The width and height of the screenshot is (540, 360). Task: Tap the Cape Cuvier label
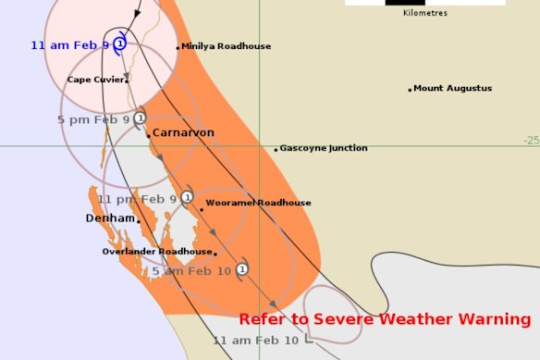point(96,80)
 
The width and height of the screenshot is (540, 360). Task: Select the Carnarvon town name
point(183,133)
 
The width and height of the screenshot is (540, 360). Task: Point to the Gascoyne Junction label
point(324,148)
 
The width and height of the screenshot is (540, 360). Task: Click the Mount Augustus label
point(453,89)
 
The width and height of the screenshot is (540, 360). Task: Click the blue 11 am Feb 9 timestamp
point(70,44)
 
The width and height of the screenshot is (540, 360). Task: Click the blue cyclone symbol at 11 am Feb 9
point(120,43)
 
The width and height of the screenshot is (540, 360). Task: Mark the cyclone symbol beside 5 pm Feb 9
point(140,118)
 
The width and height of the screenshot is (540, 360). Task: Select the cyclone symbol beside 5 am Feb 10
point(241,269)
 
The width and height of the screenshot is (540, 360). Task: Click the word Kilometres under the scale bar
point(425,13)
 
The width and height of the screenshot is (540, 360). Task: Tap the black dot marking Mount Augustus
point(410,90)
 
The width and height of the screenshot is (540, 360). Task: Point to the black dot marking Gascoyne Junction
point(276,149)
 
